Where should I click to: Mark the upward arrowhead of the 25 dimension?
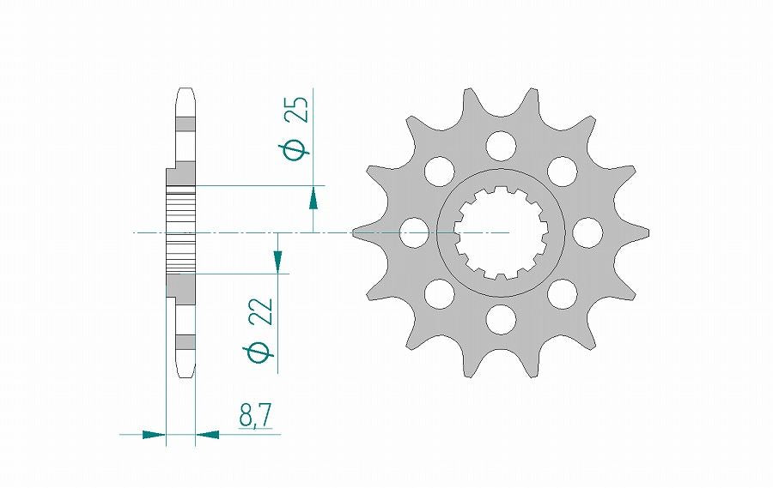(313, 198)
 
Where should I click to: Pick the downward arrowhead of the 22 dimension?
(278, 260)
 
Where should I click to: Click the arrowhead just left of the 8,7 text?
(207, 435)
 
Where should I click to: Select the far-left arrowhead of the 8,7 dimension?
(153, 435)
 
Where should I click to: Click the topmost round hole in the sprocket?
(500, 145)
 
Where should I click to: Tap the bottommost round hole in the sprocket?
(500, 319)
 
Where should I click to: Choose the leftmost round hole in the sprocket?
(415, 232)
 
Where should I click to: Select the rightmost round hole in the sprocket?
(587, 232)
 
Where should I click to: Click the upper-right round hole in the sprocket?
(562, 171)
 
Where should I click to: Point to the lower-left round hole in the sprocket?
(439, 293)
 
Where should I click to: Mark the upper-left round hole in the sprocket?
(439, 171)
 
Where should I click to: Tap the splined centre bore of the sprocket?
(500, 232)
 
